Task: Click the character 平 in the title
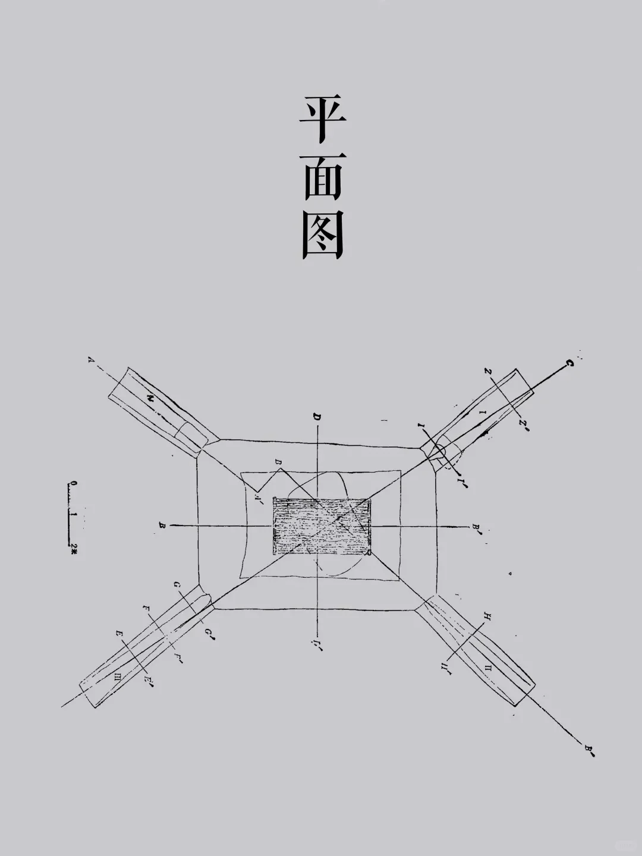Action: pyautogui.click(x=322, y=121)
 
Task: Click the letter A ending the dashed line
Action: pyautogui.click(x=91, y=360)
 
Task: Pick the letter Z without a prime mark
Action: pyautogui.click(x=487, y=372)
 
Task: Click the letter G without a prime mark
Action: pyautogui.click(x=177, y=586)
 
